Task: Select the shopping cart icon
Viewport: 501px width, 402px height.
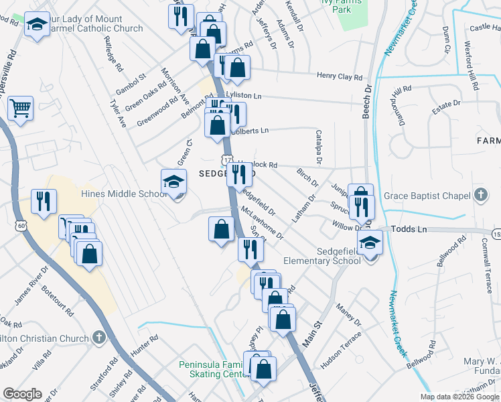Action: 21,107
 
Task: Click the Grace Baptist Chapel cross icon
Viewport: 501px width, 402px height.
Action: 480,196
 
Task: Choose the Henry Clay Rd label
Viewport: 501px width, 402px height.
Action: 339,77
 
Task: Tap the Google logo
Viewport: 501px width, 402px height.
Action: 22,394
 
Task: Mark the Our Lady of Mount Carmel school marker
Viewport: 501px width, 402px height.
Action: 36,25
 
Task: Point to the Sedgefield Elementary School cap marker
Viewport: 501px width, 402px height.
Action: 368,244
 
